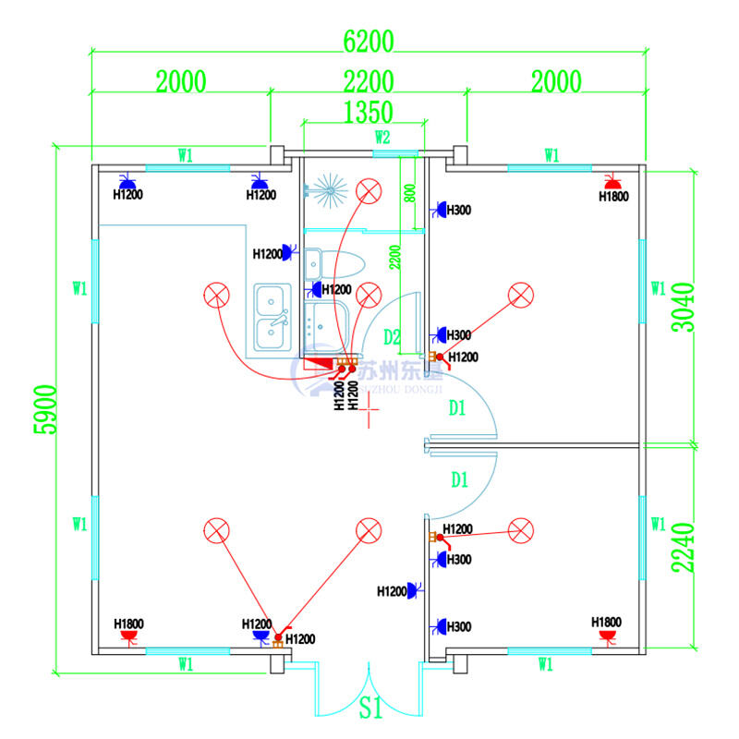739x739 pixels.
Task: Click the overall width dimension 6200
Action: [369, 42]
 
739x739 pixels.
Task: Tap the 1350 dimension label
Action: [368, 112]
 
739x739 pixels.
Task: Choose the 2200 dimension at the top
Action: [369, 81]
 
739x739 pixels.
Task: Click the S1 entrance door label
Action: [370, 709]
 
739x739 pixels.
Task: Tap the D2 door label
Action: [393, 336]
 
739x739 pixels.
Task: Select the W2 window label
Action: [382, 138]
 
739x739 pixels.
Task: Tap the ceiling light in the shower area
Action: [369, 192]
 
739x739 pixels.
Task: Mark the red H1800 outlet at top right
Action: [610, 180]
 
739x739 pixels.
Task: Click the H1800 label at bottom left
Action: [128, 624]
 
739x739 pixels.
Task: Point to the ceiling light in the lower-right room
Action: [521, 530]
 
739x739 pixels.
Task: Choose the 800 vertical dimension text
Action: [409, 195]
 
